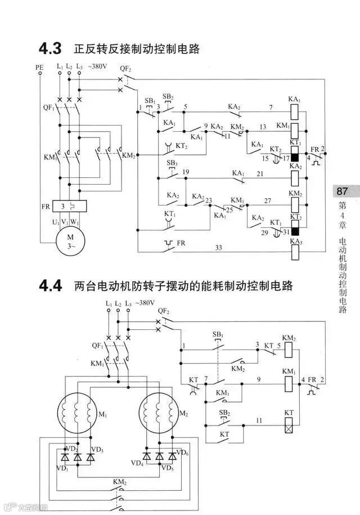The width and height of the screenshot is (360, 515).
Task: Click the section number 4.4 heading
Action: pyautogui.click(x=50, y=285)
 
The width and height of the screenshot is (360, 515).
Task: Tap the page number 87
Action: pyautogui.click(x=343, y=191)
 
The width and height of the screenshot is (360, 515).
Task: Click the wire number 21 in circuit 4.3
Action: pyautogui.click(x=260, y=174)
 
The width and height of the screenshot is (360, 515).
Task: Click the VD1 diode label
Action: pyautogui.click(x=62, y=468)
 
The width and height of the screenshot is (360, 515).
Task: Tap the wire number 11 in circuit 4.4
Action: pyautogui.click(x=259, y=420)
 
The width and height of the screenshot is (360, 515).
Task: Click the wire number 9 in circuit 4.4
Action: pyautogui.click(x=259, y=381)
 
